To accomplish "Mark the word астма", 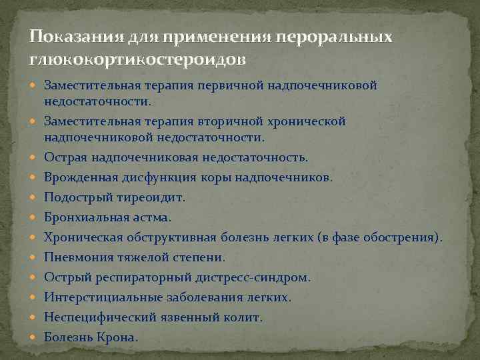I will (x=150, y=217).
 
